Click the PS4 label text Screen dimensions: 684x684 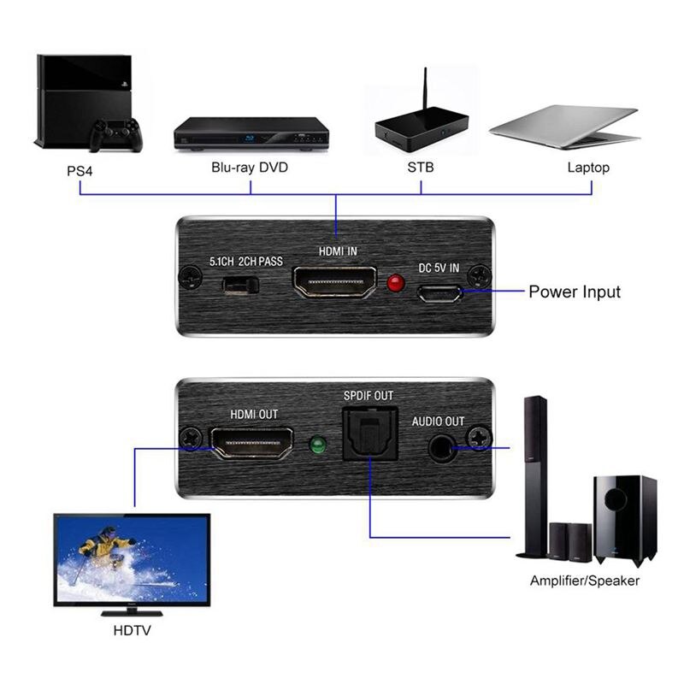[x=80, y=168]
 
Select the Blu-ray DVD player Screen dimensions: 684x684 [x=251, y=133]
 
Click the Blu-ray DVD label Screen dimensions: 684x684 [x=250, y=168]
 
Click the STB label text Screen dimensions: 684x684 [x=422, y=168]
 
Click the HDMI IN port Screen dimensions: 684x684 [x=335, y=283]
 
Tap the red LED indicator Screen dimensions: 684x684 [x=396, y=282]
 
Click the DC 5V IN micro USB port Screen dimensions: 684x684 [x=439, y=293]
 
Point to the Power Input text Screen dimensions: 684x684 [x=575, y=292]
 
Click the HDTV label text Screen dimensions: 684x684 [x=133, y=633]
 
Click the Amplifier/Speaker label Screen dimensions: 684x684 [x=585, y=581]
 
